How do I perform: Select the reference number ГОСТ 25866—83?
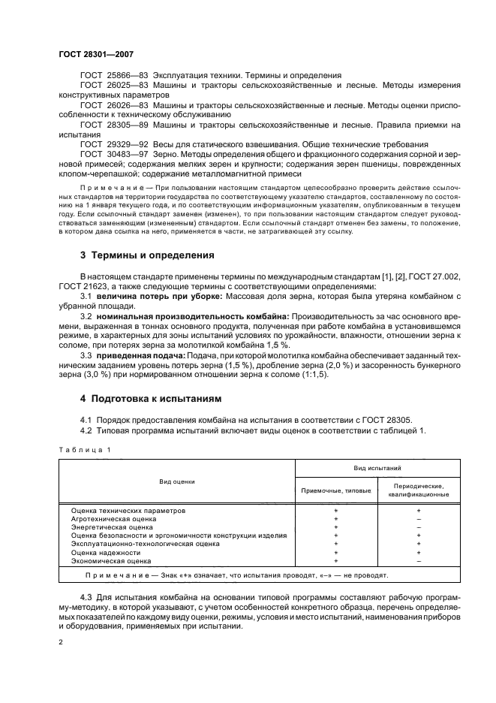(x=115, y=76)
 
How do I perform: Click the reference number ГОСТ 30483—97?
(x=115, y=153)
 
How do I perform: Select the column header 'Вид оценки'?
(x=176, y=478)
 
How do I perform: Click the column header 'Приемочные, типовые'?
(x=335, y=490)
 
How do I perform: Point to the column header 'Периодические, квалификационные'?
(x=418, y=490)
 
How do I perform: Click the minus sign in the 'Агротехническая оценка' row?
(x=418, y=519)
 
